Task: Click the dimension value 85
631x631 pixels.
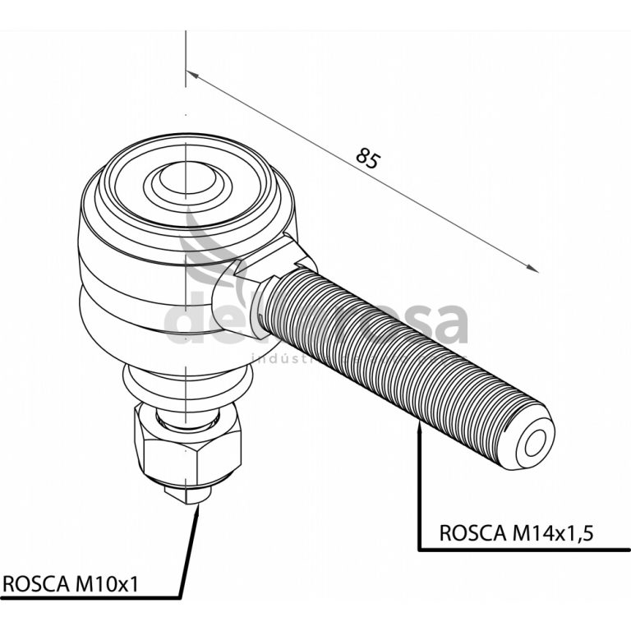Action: [368, 157]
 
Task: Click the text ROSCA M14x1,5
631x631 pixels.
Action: [516, 532]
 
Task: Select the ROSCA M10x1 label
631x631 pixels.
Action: [71, 584]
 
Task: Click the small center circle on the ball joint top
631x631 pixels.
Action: [188, 178]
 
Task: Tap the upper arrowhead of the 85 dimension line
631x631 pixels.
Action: [191, 75]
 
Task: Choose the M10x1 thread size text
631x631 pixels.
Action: [106, 584]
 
